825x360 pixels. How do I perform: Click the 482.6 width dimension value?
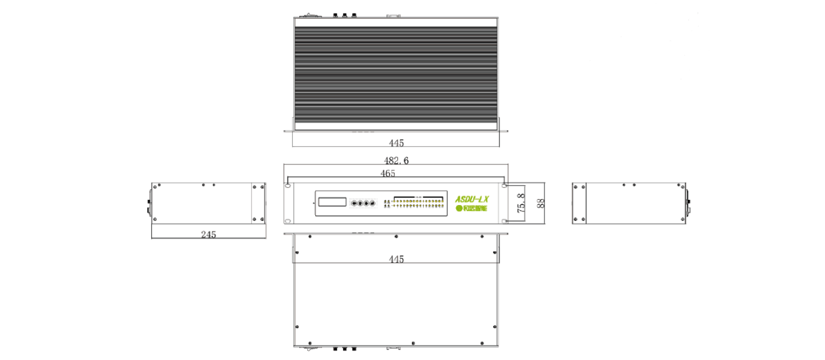coord(396,160)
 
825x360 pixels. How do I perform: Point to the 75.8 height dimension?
coord(521,203)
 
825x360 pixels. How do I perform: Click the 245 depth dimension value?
coord(209,235)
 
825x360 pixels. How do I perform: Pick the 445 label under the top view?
coord(397,143)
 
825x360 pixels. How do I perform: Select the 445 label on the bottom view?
coord(397,259)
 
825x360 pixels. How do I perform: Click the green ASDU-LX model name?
coord(473,199)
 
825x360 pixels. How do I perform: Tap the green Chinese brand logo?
coord(471,209)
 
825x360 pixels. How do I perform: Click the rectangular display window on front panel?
coord(332,202)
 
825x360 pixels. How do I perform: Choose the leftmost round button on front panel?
coord(355,204)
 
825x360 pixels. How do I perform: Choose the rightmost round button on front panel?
coord(372,204)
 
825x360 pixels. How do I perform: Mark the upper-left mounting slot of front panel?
coord(288,186)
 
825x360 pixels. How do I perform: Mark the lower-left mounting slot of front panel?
coord(288,222)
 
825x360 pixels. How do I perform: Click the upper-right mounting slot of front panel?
coord(504,186)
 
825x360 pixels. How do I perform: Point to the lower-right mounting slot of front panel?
coord(504,222)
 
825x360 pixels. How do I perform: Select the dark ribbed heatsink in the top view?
coord(397,74)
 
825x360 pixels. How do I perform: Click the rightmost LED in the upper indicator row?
coord(442,201)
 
